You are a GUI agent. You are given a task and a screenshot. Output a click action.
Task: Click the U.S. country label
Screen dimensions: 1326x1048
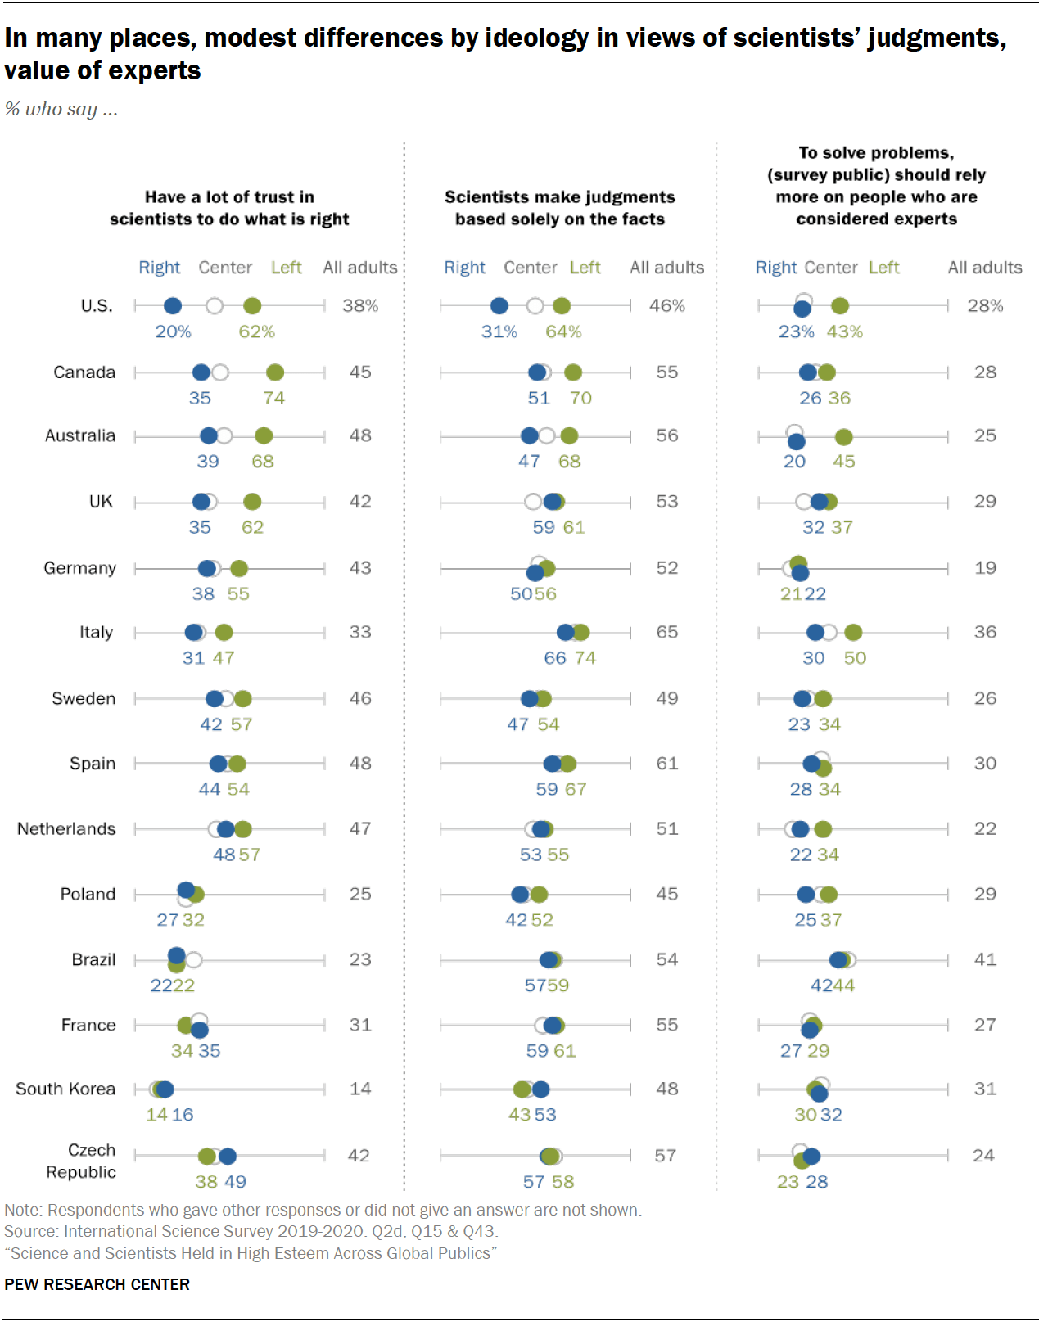(x=96, y=306)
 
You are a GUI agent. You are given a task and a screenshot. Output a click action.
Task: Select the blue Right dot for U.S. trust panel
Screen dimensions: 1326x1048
(x=173, y=306)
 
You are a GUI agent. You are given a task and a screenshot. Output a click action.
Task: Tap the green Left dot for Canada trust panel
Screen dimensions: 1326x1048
(x=275, y=372)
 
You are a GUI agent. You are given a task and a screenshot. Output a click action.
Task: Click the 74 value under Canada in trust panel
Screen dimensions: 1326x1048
(x=273, y=399)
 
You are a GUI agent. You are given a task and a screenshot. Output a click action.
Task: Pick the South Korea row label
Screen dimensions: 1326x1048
(x=65, y=1089)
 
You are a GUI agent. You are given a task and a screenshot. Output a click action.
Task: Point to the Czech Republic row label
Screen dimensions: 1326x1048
(x=80, y=1161)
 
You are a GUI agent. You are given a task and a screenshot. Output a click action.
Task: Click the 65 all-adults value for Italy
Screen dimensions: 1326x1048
(x=666, y=633)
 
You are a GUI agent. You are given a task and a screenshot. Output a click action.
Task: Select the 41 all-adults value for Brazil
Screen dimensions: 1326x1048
(x=985, y=959)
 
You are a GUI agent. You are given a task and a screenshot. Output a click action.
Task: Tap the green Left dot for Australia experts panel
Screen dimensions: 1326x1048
(x=843, y=438)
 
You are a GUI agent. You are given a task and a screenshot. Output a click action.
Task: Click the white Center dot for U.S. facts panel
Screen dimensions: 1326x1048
(x=535, y=306)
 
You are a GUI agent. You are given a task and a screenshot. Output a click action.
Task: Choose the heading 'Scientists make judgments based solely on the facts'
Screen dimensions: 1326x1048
(x=560, y=208)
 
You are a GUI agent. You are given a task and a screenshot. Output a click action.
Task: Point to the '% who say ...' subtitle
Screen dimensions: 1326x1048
(x=61, y=109)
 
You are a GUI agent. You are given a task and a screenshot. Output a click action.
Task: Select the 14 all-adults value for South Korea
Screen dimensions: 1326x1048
(x=360, y=1089)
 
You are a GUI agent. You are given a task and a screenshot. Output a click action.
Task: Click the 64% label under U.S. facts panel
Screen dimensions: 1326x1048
(x=563, y=332)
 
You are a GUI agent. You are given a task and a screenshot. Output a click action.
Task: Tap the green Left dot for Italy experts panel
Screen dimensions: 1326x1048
(x=853, y=633)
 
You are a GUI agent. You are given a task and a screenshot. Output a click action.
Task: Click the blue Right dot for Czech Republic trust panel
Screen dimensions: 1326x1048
(x=228, y=1156)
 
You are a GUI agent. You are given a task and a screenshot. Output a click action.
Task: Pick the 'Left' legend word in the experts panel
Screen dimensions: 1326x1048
(x=883, y=268)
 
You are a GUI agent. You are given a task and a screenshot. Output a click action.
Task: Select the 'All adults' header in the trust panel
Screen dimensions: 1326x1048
(x=359, y=268)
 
